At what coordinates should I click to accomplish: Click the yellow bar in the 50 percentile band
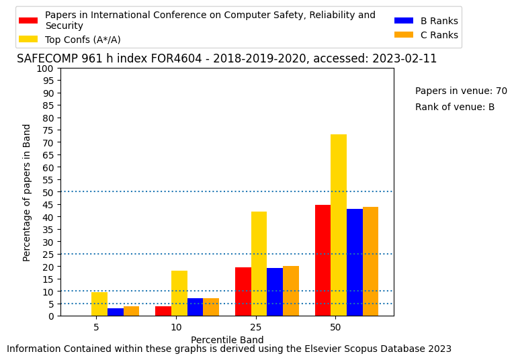point(339,226)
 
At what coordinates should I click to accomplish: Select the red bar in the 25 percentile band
point(243,292)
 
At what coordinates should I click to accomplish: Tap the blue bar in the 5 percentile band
point(116,312)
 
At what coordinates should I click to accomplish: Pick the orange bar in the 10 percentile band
point(211,307)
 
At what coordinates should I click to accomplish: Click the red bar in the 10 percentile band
point(163,311)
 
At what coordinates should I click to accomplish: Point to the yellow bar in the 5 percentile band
point(99,304)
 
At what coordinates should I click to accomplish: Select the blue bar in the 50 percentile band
point(355,263)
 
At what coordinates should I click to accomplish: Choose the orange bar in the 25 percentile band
point(291,291)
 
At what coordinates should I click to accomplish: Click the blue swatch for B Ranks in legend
point(404,21)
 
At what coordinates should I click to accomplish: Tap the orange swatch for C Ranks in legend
point(404,35)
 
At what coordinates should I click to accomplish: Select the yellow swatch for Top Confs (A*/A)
point(28,40)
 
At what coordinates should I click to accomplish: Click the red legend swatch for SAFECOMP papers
point(28,20)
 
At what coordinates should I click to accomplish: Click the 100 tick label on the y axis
point(46,69)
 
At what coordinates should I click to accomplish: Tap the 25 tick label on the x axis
point(256,327)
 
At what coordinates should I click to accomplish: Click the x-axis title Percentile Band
point(227,340)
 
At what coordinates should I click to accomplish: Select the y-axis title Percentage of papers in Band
point(26,193)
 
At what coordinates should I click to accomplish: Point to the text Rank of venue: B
point(455,107)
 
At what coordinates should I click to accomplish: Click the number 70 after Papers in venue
point(501,91)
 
